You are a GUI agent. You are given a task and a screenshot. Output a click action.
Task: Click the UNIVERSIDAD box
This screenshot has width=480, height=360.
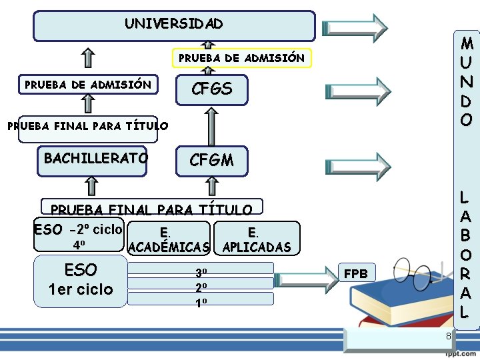coord(174,25)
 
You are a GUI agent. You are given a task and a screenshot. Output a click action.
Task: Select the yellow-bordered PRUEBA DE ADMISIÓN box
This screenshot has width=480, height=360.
coord(241,59)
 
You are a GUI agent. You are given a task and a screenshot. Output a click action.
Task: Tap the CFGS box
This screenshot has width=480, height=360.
coord(211,89)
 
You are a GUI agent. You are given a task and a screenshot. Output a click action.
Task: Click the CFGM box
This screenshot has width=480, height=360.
coord(211,160)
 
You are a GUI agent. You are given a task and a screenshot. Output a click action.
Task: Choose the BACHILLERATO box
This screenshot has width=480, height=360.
coord(93,160)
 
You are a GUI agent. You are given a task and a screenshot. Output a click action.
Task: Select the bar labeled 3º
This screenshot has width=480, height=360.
coord(201,268)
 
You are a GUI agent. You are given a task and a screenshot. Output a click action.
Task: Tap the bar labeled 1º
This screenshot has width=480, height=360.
coord(201,300)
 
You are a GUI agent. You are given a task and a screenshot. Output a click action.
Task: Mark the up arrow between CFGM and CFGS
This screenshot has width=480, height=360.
coord(211,125)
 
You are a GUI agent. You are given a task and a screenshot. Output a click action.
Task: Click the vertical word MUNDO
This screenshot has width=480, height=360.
coord(467,81)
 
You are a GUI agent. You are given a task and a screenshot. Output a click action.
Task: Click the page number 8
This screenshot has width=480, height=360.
coord(449,336)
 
